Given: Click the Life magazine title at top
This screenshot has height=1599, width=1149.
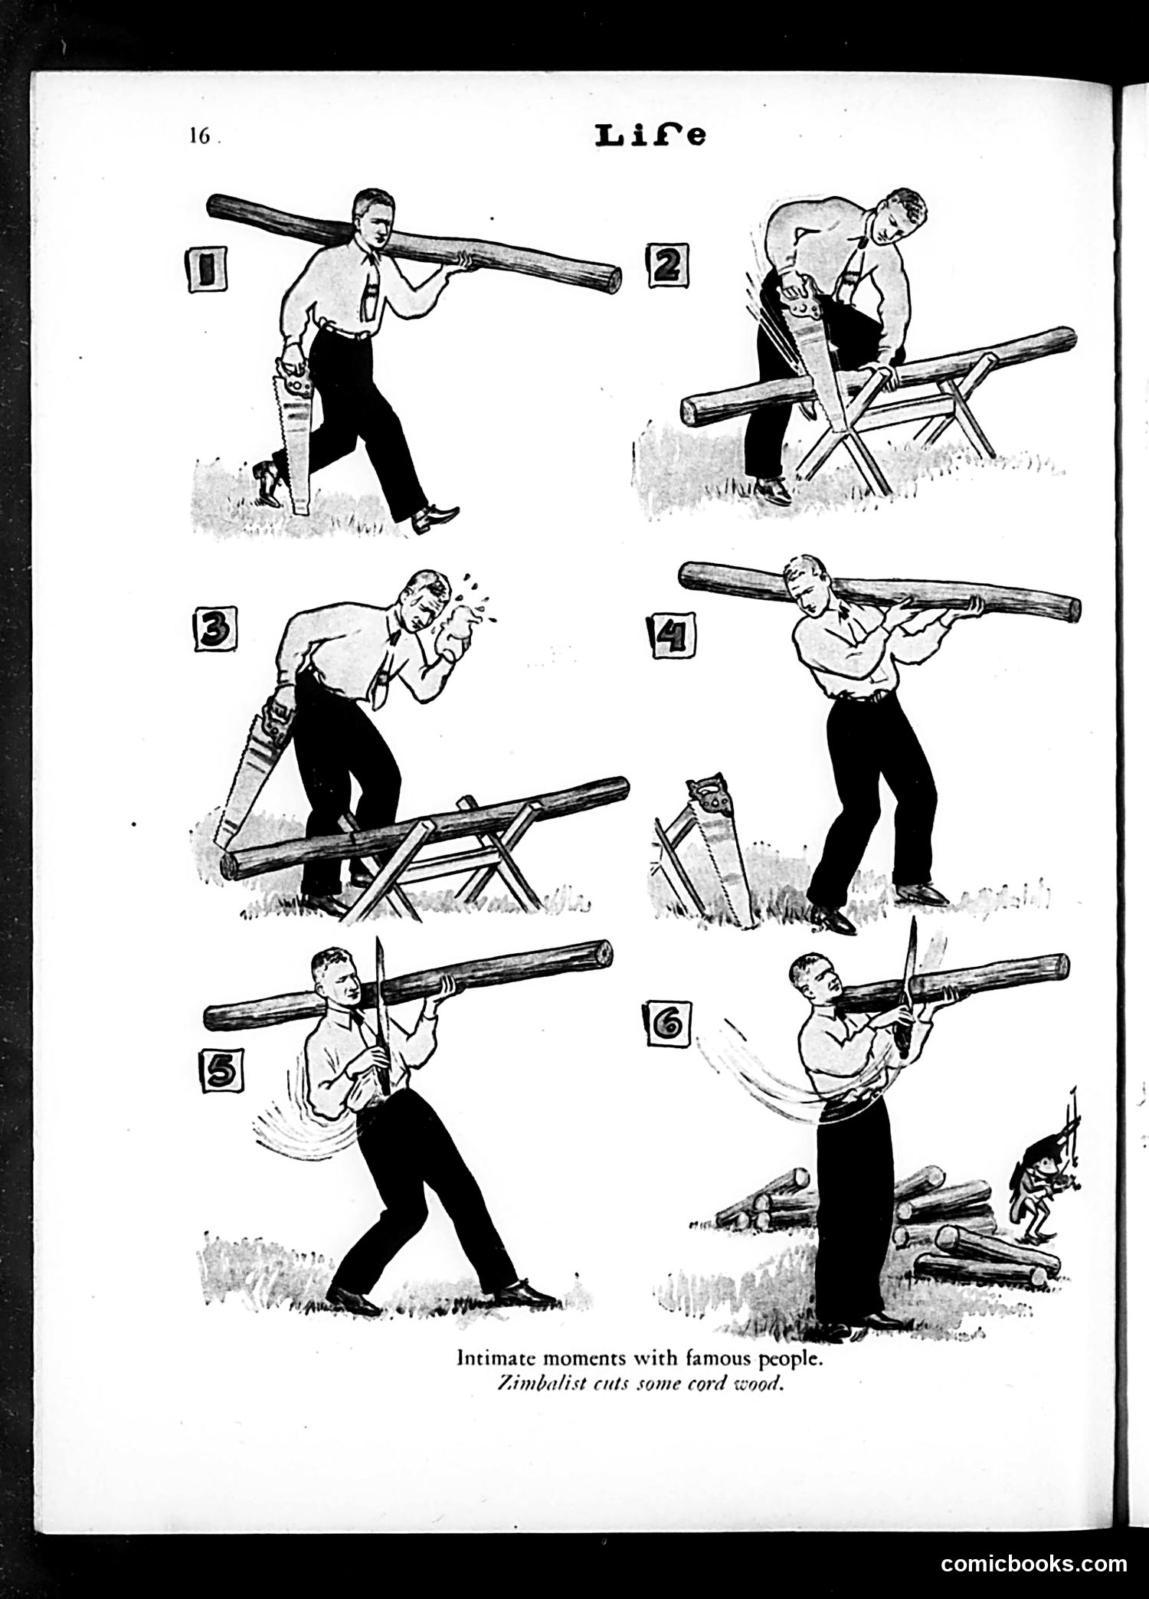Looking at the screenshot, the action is (x=650, y=136).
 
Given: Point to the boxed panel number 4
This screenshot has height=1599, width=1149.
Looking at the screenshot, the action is (x=673, y=635).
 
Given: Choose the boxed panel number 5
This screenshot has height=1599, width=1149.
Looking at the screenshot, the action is (x=221, y=1070).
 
